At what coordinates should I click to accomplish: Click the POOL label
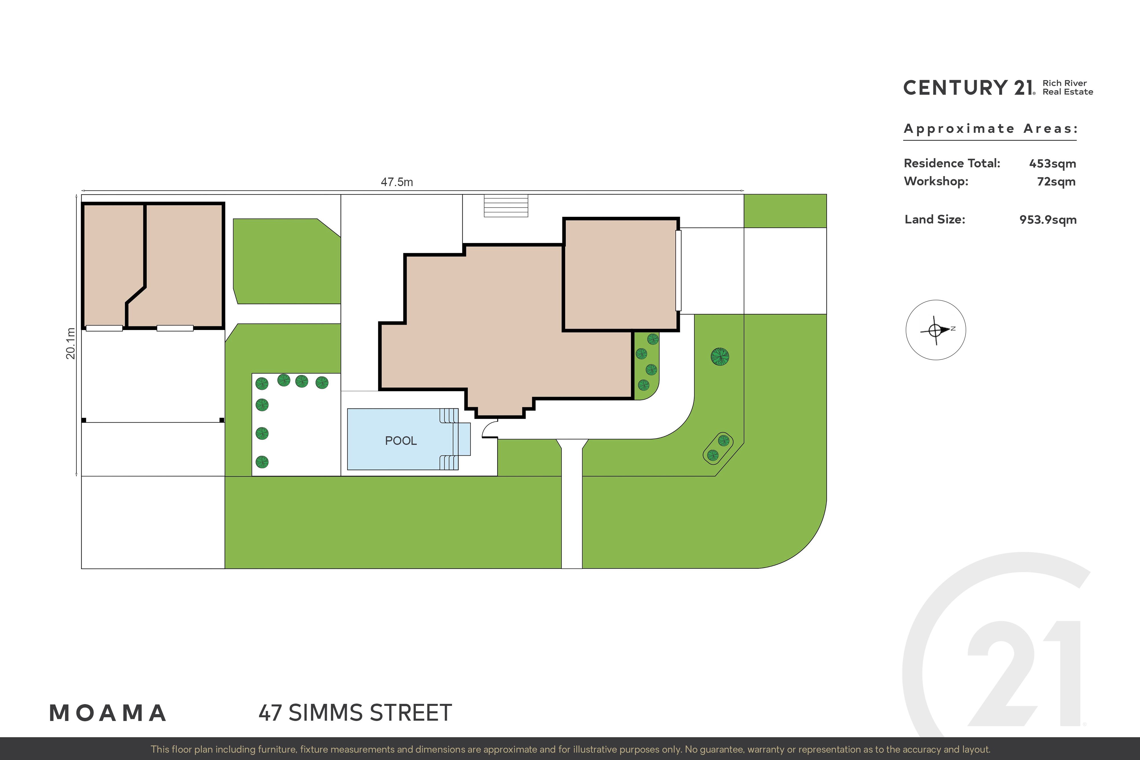pos(401,441)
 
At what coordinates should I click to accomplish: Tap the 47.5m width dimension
pos(397,182)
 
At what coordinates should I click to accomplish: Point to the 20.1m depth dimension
pos(71,343)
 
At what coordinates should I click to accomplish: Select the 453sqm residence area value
pos(1052,164)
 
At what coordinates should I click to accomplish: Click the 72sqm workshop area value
pos(1056,182)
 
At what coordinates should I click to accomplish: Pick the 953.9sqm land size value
pos(1048,220)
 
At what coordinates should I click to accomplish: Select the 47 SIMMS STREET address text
pos(355,713)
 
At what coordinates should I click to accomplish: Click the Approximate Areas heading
pos(991,129)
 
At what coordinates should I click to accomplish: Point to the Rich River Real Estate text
pos(1068,87)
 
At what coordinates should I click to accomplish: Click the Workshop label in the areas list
pos(936,181)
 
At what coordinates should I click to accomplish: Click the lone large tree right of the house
pos(720,357)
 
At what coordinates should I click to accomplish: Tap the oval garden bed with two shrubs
pos(718,448)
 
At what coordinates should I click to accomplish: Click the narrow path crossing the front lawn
pos(572,504)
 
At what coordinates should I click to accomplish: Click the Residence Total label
pos(952,163)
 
